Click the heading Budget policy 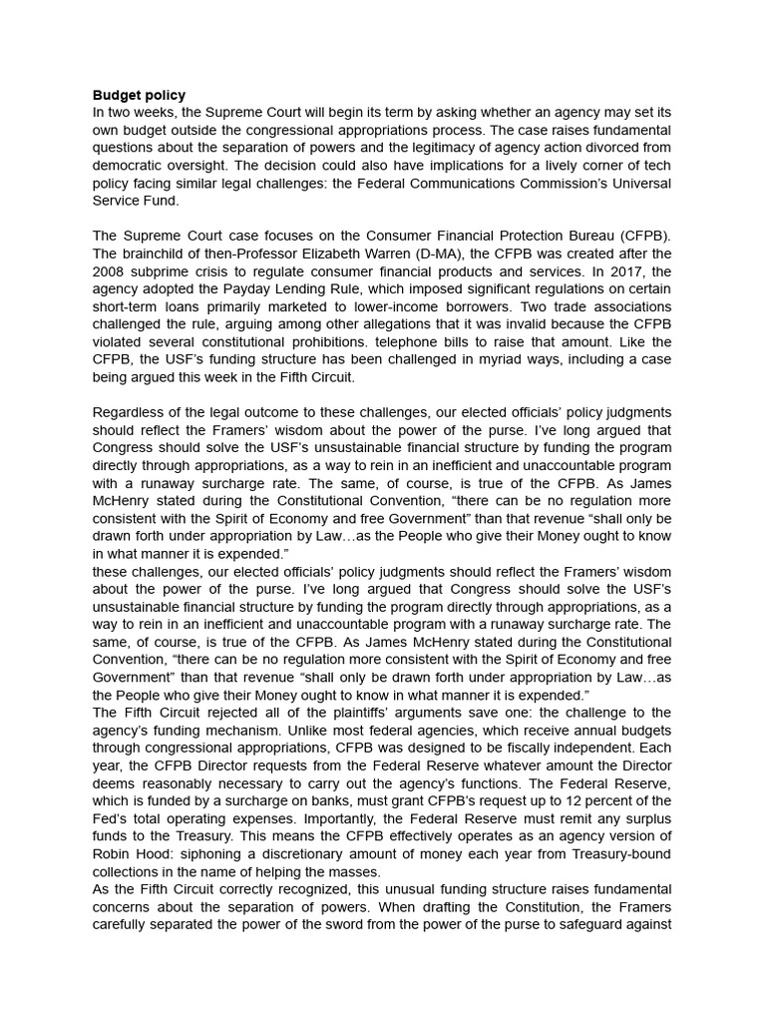(x=139, y=95)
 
